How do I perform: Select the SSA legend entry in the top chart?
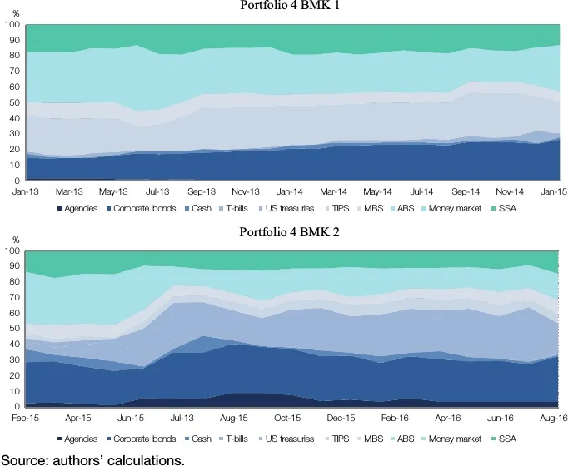[x=506, y=208]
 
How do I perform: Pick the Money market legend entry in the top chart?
[x=456, y=208]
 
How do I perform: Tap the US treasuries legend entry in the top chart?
[x=286, y=208]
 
